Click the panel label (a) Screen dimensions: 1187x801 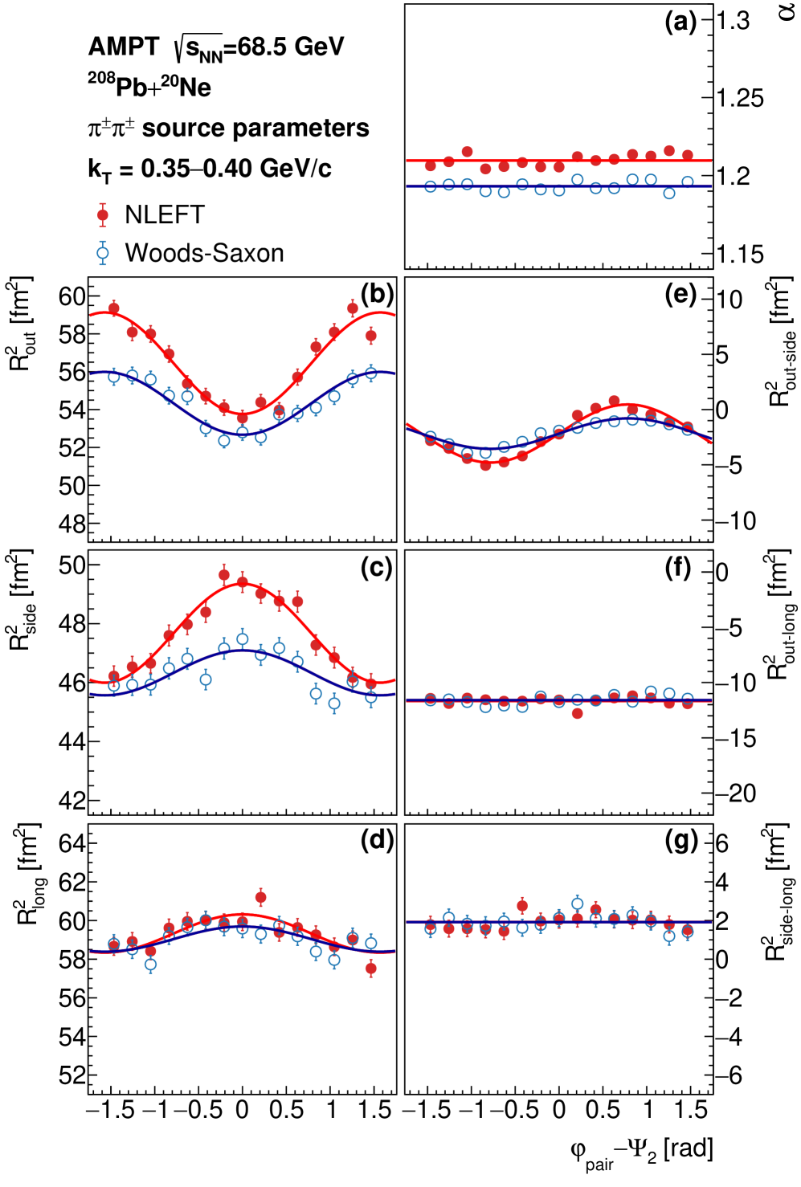pos(680,22)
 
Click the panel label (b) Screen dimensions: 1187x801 pos(377,295)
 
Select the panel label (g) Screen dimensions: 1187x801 pos(681,841)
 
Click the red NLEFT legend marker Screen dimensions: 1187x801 pos(103,214)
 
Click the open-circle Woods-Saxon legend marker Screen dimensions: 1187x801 pos(103,253)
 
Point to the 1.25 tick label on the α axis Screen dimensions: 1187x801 pos(740,99)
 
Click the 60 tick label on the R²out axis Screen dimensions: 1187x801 pos(72,296)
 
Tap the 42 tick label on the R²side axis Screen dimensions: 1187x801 pos(72,801)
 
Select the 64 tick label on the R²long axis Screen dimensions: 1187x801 pos(72,843)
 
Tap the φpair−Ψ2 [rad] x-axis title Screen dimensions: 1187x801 pos(641,1152)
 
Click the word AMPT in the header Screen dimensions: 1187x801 pos(124,47)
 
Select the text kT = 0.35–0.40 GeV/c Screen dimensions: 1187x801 pos(210,169)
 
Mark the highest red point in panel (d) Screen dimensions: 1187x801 pos(260,897)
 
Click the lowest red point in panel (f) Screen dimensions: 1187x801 pos(577,713)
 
